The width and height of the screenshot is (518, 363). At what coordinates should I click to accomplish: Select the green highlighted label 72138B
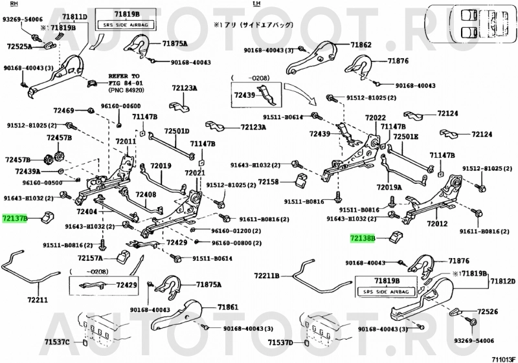(x=363, y=239)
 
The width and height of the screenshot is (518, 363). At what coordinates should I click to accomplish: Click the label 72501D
(x=176, y=131)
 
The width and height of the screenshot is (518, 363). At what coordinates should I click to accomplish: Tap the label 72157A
(x=91, y=258)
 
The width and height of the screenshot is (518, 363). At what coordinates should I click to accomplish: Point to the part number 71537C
(x=57, y=341)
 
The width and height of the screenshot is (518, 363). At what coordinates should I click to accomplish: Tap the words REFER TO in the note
(x=124, y=76)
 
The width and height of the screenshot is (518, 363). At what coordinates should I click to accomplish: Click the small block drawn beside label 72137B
(x=47, y=217)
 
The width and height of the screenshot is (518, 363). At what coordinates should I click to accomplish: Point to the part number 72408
(x=145, y=194)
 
